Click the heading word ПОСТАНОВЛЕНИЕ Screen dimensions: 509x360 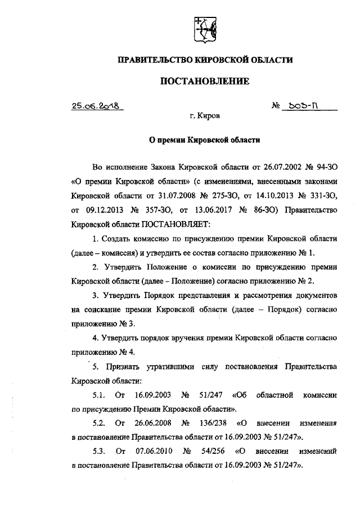(205, 81)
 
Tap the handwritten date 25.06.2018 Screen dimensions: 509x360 (97, 106)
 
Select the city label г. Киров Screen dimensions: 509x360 (205, 116)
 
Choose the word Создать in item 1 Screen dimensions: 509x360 (119, 240)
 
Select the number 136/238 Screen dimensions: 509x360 (213, 422)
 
